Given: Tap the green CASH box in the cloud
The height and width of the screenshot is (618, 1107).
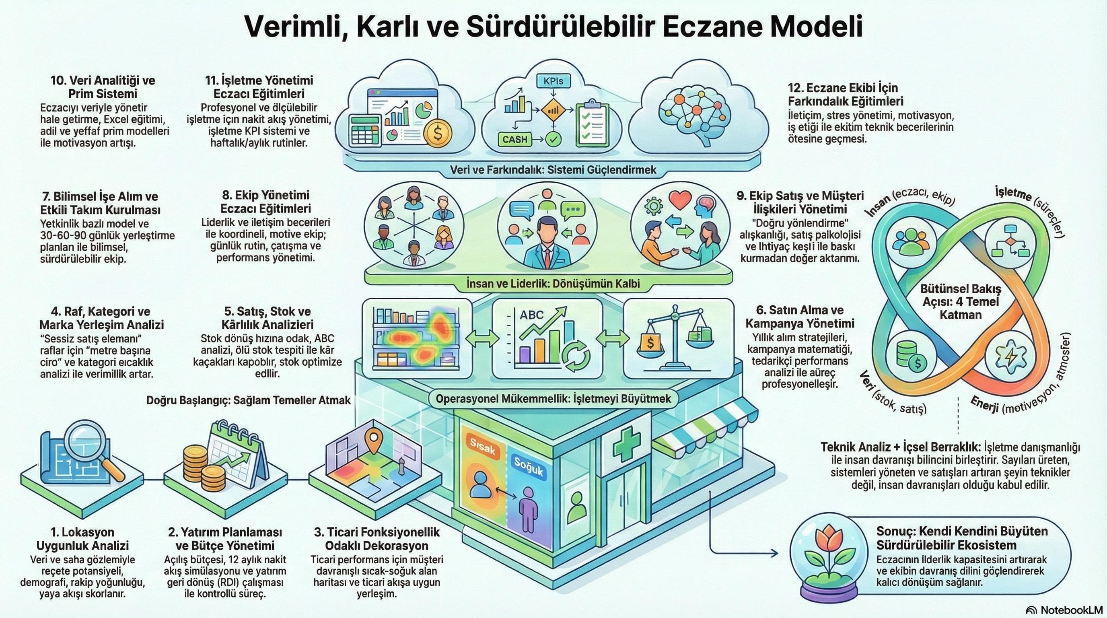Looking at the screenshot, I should pyautogui.click(x=515, y=139).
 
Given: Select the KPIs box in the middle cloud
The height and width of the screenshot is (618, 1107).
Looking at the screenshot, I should pyautogui.click(x=553, y=81).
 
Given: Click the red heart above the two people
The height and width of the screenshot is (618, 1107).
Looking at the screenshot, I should pyautogui.click(x=680, y=200).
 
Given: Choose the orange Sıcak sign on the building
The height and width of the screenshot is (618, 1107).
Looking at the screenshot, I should pyautogui.click(x=483, y=447).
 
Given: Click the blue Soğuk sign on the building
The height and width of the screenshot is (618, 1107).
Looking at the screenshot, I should pyautogui.click(x=529, y=468).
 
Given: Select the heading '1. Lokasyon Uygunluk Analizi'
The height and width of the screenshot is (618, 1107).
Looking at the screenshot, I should pyautogui.click(x=82, y=538).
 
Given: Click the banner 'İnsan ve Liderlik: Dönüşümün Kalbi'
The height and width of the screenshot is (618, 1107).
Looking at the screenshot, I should pyautogui.click(x=553, y=284).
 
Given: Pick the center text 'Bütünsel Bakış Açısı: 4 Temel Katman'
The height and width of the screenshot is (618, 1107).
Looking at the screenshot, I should pyautogui.click(x=961, y=302).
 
